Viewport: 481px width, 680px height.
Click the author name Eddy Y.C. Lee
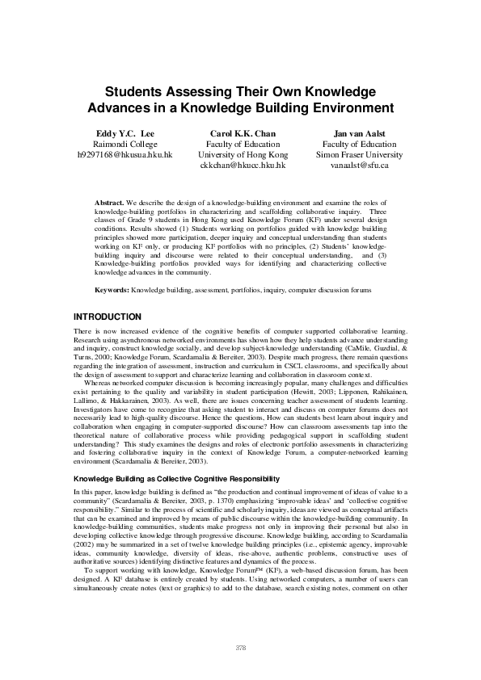pos(124,132)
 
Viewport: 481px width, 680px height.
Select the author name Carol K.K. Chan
pos(243,132)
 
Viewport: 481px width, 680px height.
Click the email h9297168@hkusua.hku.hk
pos(124,153)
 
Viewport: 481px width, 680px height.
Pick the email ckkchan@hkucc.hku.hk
pos(243,164)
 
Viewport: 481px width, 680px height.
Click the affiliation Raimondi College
pos(124,143)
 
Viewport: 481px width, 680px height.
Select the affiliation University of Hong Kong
pos(243,153)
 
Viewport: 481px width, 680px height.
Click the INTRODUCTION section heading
pos(108,317)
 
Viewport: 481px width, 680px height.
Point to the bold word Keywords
pos(112,288)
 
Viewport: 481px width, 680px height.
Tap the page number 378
pos(240,648)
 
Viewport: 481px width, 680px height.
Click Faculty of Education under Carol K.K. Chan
pos(243,143)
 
